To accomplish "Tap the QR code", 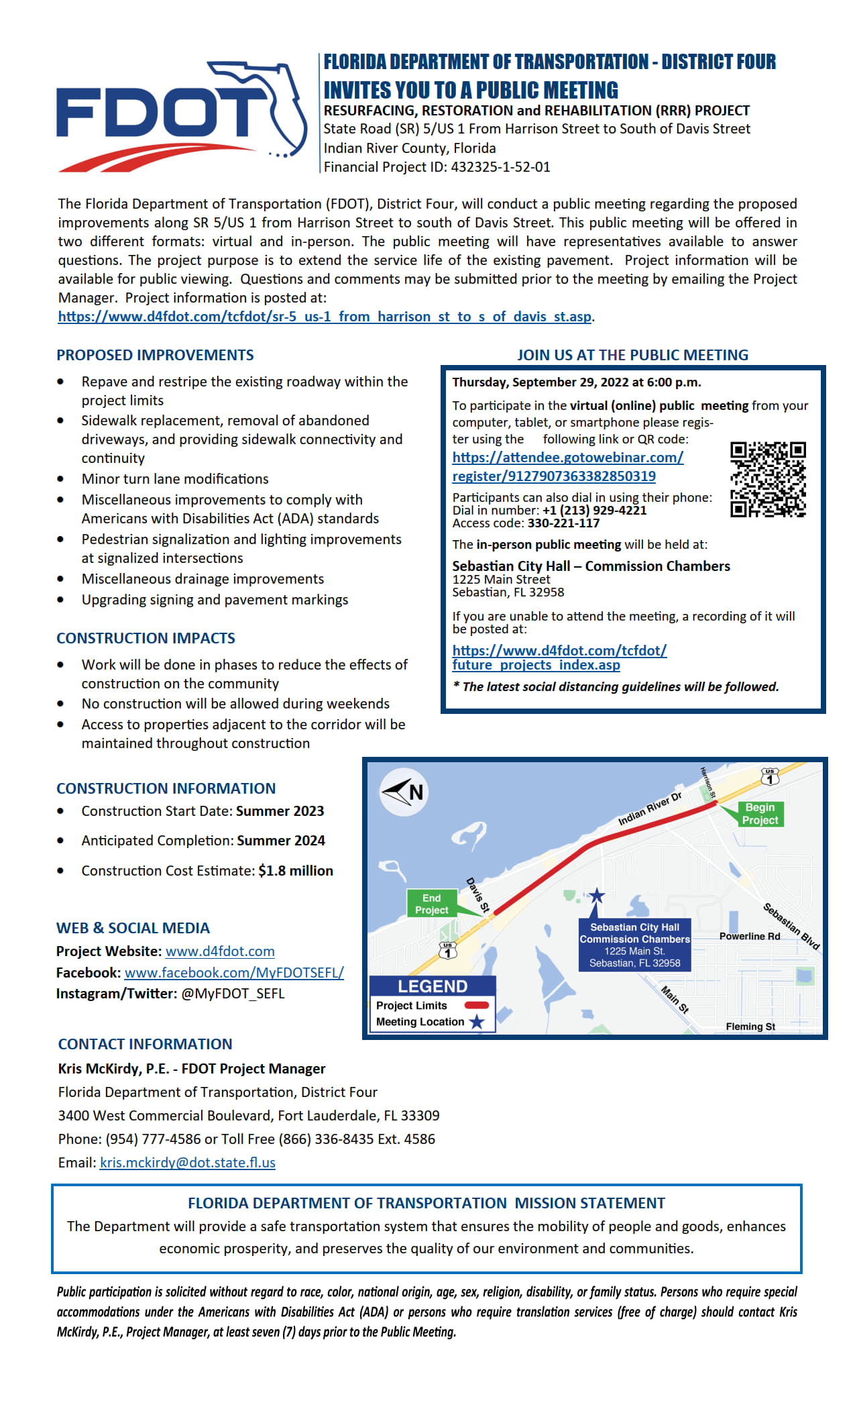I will [768, 479].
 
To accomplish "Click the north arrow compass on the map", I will [404, 792].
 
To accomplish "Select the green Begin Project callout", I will [760, 813].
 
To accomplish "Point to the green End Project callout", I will [431, 904].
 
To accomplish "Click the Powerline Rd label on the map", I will [750, 936].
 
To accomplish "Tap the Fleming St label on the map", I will [750, 1027].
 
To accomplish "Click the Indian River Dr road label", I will [649, 808].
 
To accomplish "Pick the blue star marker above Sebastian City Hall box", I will [596, 895].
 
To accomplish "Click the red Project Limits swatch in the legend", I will [477, 1005].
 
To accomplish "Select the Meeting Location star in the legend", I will [477, 1022].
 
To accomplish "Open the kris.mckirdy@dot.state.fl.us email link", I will [188, 1163].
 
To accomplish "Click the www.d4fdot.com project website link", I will [220, 951].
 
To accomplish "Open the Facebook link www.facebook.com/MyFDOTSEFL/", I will [234, 973].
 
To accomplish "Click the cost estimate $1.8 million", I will [296, 871].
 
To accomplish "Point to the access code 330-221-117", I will [563, 523].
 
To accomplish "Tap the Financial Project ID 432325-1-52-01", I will [501, 167].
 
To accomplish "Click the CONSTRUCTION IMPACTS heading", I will [146, 638].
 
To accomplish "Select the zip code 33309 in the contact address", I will [420, 1116].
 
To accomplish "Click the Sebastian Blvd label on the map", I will [791, 926].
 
